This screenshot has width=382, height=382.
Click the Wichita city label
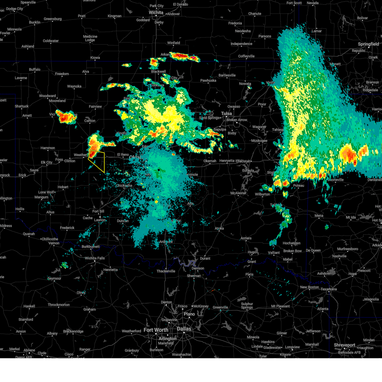point(156,13)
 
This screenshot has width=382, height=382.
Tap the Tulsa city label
point(227,113)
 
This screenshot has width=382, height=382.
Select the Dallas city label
point(184,329)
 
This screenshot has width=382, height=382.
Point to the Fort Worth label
point(156,330)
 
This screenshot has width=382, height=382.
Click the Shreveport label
point(344,345)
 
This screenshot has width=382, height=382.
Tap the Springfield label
point(368,44)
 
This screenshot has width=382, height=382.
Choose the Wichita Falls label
point(95,258)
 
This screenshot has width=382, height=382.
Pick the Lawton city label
point(100,220)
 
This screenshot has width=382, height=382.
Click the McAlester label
point(238,193)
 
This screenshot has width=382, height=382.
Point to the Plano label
point(189,314)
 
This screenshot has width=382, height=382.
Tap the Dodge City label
point(15,9)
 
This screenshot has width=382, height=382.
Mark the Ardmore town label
point(166,242)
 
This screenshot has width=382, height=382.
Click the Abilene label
point(29,350)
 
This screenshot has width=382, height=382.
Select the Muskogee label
point(259,141)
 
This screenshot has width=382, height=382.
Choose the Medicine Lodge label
point(90,38)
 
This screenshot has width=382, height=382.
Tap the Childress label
point(5,226)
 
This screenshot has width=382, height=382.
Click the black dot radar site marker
point(159,170)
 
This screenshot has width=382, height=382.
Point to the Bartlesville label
point(227,75)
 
